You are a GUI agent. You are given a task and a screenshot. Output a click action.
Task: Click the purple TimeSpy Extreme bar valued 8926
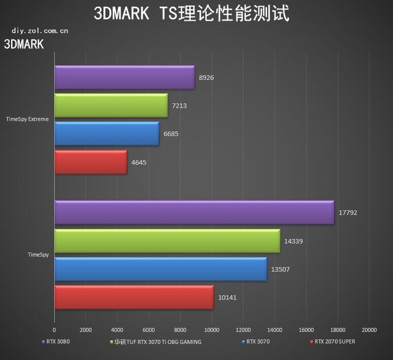(124, 78)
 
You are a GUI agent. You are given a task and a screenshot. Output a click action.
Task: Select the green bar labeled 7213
(111, 106)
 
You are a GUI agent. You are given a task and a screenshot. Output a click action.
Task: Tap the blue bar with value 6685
(106, 134)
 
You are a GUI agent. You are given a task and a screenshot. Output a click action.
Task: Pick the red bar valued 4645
(90, 162)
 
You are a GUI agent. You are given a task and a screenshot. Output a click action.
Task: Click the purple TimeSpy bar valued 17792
(194, 213)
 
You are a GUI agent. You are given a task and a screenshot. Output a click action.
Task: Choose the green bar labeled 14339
(167, 241)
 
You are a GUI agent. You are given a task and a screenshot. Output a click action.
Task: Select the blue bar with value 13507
(160, 269)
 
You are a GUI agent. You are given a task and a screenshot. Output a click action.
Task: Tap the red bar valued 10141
(134, 297)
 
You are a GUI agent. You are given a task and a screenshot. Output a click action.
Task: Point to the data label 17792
(348, 213)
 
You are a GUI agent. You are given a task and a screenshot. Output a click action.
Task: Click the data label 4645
(139, 163)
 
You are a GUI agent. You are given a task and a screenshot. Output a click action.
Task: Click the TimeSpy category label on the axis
(38, 254)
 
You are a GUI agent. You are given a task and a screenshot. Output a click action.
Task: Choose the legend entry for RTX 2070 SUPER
(332, 342)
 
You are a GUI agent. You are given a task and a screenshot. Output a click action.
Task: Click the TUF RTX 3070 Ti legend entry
(156, 342)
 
